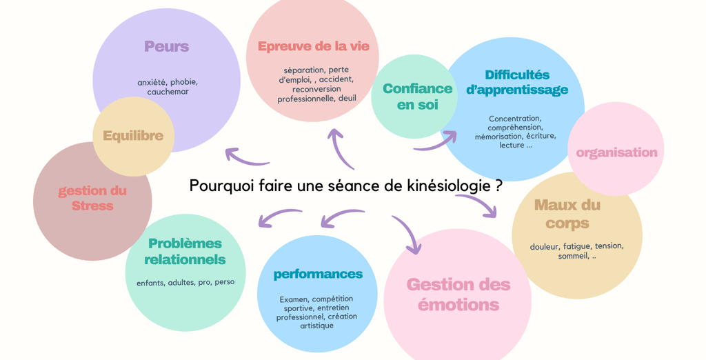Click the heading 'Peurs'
(x=166, y=47)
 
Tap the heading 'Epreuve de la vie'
(x=313, y=46)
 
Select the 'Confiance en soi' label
(x=417, y=97)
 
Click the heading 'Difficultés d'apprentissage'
(x=517, y=82)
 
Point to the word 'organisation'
(x=616, y=152)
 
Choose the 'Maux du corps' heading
(x=567, y=214)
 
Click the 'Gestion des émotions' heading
(x=458, y=294)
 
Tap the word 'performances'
(x=318, y=274)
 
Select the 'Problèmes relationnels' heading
(x=185, y=252)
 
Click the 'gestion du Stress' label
(x=92, y=198)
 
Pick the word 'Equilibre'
(x=133, y=136)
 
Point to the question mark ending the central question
(x=498, y=186)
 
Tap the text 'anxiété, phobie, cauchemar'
(x=168, y=87)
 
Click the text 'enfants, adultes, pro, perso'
(x=185, y=282)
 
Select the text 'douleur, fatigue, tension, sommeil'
(x=576, y=250)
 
